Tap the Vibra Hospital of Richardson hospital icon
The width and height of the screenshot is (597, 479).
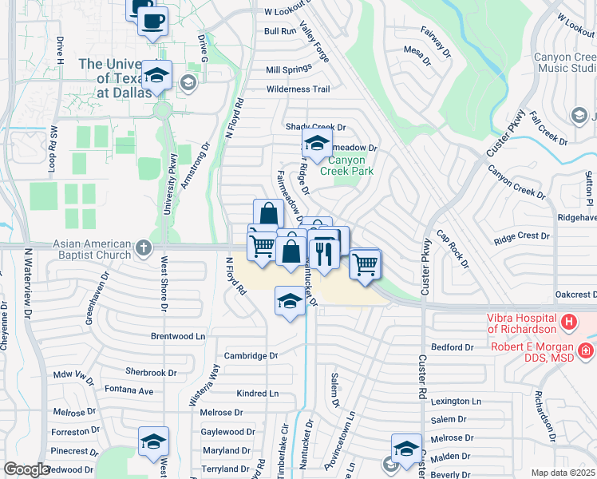tap(568, 323)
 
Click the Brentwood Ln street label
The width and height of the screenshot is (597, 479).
tap(178, 337)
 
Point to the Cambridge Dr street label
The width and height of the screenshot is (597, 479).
tap(251, 356)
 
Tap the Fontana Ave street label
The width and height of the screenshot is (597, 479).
tap(128, 390)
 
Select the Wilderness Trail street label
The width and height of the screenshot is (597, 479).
tap(298, 89)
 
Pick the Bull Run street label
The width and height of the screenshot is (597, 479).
tap(280, 31)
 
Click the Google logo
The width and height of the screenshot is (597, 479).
tap(26, 469)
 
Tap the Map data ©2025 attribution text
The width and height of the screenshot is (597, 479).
tap(563, 473)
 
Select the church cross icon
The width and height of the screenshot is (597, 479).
tap(143, 246)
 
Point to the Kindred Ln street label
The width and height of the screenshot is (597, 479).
tap(258, 394)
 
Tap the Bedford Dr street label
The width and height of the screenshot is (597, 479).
tap(453, 347)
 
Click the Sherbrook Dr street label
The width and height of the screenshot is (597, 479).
tap(151, 373)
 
